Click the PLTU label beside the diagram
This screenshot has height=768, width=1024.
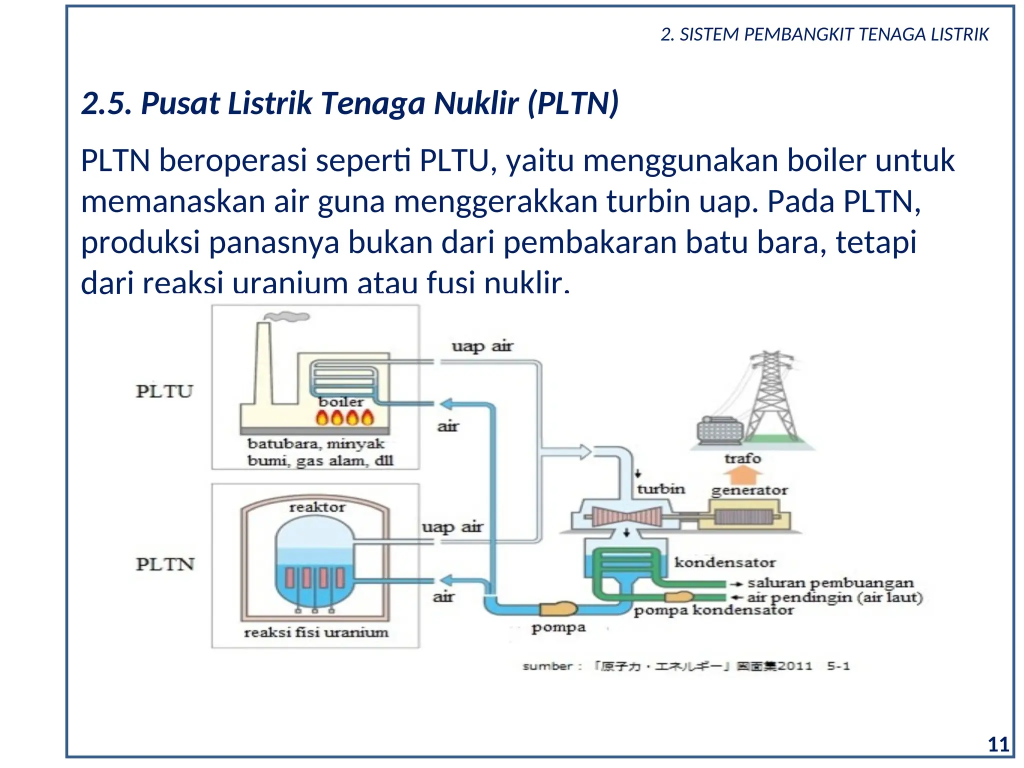tap(164, 391)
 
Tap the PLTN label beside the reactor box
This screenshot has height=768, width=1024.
tap(165, 564)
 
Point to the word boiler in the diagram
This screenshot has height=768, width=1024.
tap(341, 401)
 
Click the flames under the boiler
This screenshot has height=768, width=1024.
tap(345, 417)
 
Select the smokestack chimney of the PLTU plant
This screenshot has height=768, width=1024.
tap(263, 362)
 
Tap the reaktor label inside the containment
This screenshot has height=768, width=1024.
tap(317, 507)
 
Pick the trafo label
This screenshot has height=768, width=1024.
tap(742, 458)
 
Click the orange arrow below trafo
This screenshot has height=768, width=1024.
tap(743, 474)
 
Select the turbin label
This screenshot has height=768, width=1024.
tap(660, 488)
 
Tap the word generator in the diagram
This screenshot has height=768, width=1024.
tap(749, 490)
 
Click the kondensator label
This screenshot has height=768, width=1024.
tap(725, 562)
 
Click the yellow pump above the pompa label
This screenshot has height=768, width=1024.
tap(558, 608)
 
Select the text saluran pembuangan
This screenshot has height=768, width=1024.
tap(830, 583)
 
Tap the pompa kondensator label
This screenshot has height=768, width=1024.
tap(713, 610)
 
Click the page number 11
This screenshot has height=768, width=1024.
tap(998, 744)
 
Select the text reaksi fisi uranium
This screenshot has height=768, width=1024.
tap(316, 632)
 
